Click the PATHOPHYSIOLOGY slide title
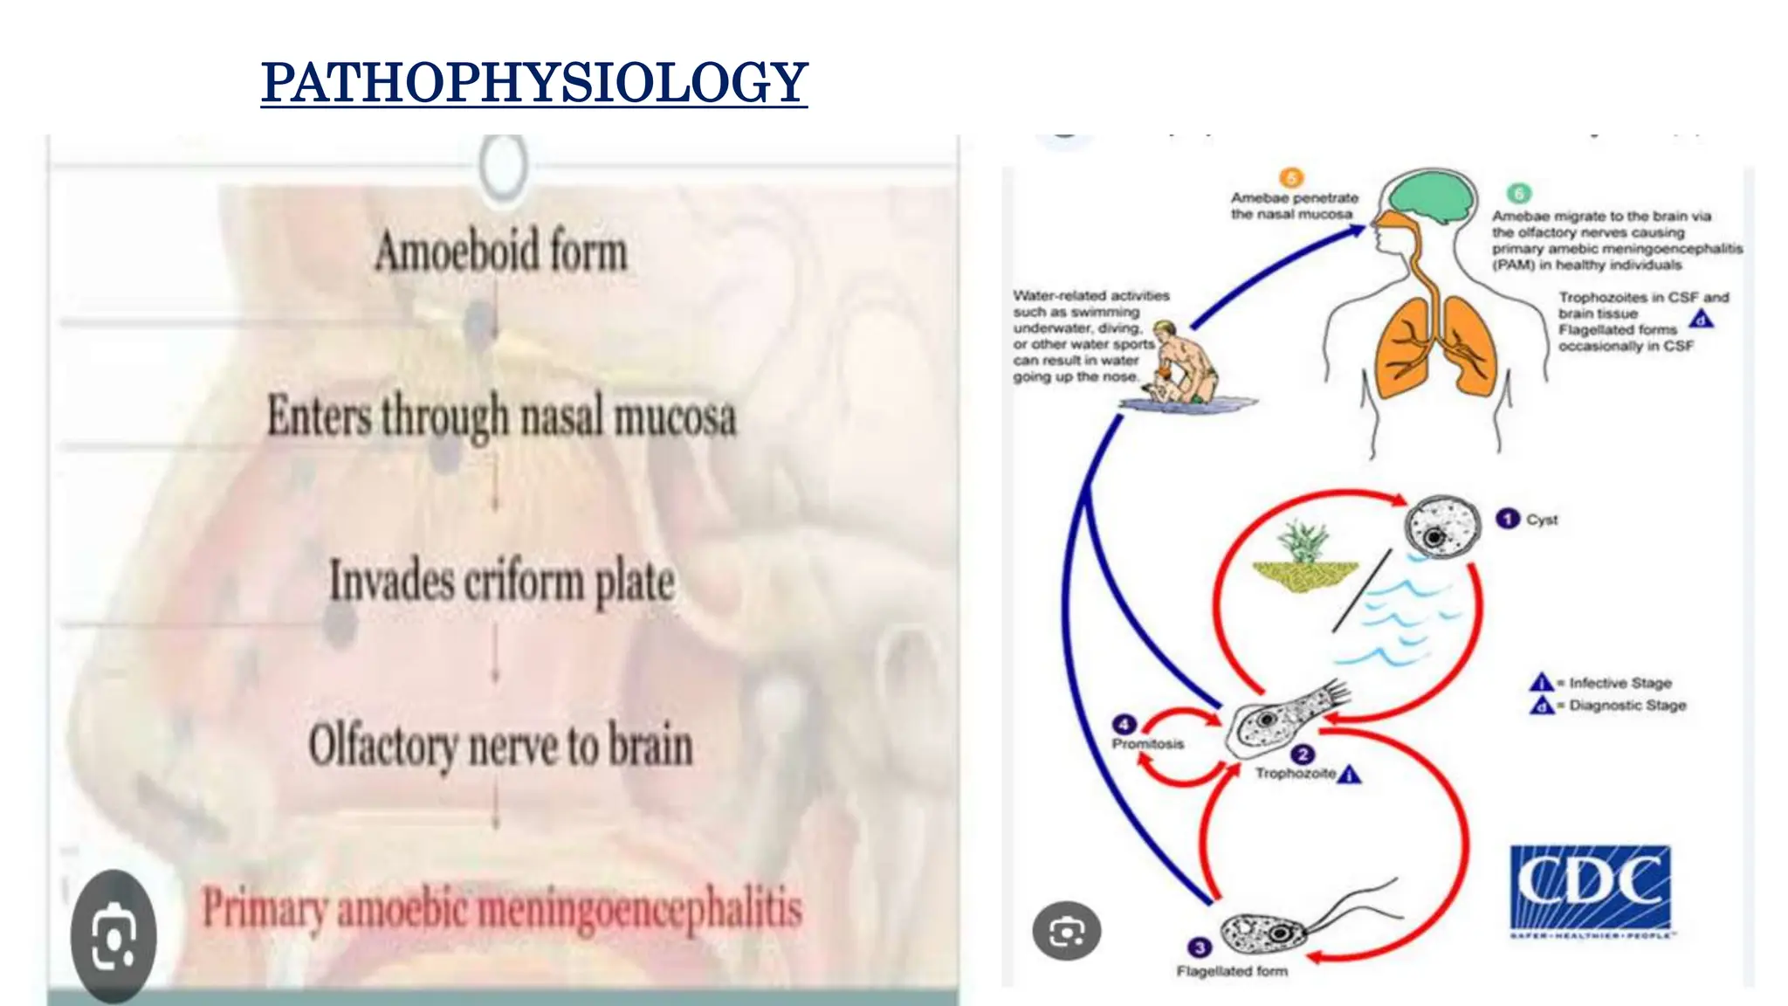click(x=533, y=82)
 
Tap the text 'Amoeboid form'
click(x=501, y=251)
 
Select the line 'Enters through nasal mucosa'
click(x=501, y=416)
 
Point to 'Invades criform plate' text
click(x=501, y=581)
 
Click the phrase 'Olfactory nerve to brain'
click(x=501, y=746)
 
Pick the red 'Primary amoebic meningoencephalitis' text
click(x=502, y=908)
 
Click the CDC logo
click(x=1590, y=889)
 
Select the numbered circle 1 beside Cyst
click(x=1508, y=519)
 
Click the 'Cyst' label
click(x=1542, y=520)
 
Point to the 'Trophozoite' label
click(x=1296, y=774)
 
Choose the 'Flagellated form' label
click(x=1232, y=971)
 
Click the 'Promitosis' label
click(x=1147, y=744)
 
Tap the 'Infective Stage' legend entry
click(x=1620, y=683)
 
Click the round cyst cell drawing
click(x=1442, y=526)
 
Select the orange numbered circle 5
click(x=1291, y=178)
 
